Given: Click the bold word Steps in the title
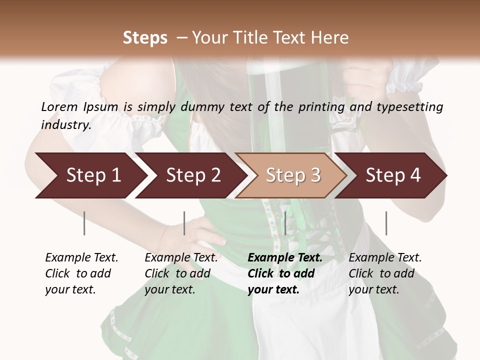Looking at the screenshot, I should click(x=145, y=38).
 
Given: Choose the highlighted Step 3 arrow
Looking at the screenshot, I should click(x=292, y=175).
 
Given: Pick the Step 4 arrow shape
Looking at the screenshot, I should click(x=392, y=175).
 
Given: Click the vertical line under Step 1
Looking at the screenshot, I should click(x=84, y=223).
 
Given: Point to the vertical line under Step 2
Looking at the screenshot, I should click(x=184, y=223).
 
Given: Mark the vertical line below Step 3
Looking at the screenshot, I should click(x=285, y=223).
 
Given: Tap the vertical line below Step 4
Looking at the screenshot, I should click(x=386, y=223).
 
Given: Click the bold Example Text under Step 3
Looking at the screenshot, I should click(x=285, y=258).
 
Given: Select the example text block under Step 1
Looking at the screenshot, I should click(x=81, y=273).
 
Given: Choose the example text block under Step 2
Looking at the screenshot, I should click(x=181, y=273).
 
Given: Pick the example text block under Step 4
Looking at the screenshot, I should click(x=385, y=273).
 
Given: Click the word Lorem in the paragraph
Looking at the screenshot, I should click(x=59, y=107).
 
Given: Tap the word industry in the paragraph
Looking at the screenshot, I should click(x=66, y=125).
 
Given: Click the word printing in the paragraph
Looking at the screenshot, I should click(x=322, y=107).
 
